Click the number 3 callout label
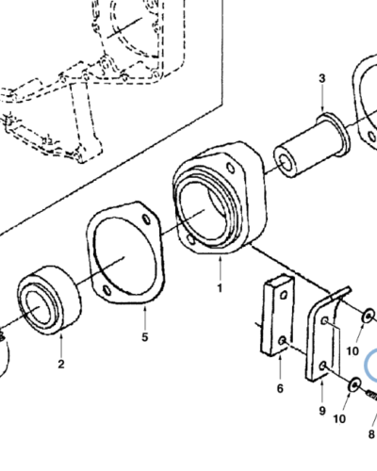pos(321,77)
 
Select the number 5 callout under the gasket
pos(145,336)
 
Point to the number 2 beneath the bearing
pos(60,363)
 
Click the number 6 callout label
pos(280,388)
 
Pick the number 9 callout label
pos(321,411)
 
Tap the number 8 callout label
pos(371,434)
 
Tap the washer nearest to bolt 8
pos(354,384)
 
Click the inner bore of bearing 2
pos(38,308)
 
